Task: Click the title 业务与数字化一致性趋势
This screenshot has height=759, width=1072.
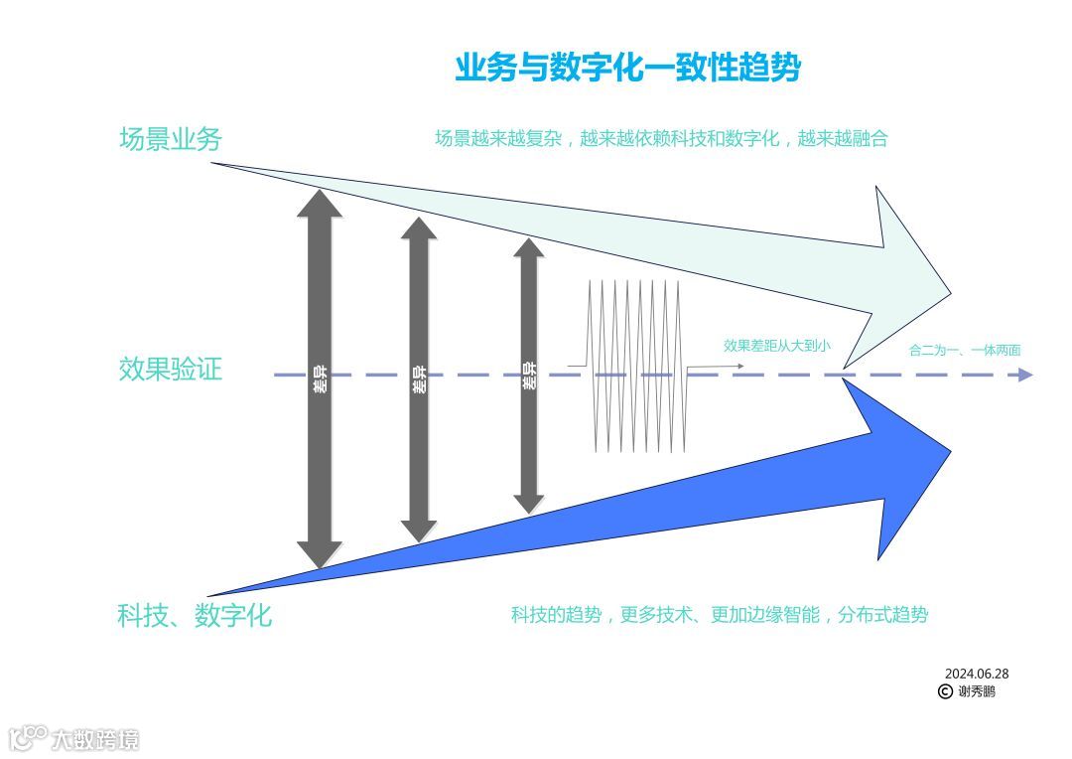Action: click(627, 68)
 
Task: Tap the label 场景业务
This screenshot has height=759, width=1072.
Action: click(170, 139)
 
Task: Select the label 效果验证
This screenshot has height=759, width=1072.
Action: click(170, 370)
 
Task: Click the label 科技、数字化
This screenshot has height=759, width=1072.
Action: click(194, 615)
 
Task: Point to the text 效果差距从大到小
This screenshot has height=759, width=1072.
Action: click(777, 346)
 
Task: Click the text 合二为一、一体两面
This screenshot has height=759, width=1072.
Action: click(965, 350)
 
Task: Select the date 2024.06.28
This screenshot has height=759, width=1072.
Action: click(977, 673)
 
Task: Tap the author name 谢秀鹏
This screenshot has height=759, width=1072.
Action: click(977, 691)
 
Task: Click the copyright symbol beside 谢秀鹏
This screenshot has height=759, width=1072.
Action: click(945, 691)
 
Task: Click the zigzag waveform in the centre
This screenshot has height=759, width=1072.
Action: click(636, 366)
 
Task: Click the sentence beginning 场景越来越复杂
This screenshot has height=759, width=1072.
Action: click(660, 139)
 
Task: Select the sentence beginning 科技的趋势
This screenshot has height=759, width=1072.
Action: click(719, 615)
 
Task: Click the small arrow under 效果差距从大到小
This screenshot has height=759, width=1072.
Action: click(715, 367)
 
